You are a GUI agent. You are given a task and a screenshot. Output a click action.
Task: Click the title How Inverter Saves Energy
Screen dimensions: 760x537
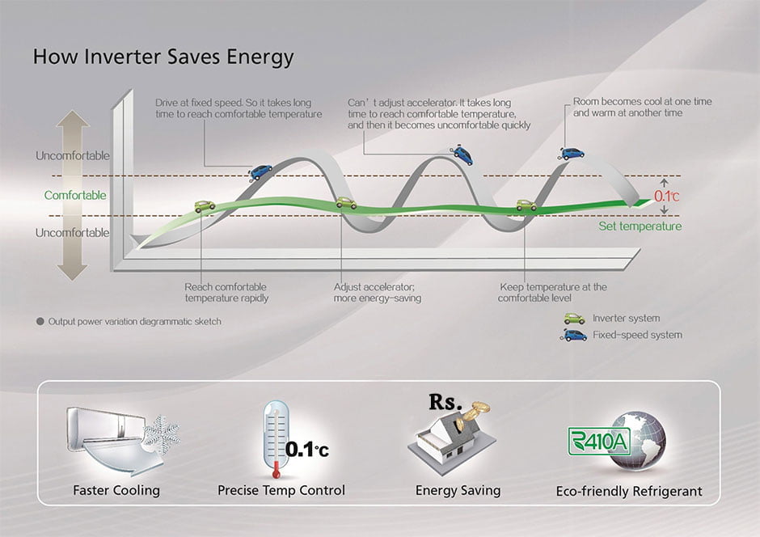[163, 57]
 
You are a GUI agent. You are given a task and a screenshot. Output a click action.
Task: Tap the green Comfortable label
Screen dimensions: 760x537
[75, 196]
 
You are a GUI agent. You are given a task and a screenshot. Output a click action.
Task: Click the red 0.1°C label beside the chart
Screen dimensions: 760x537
[666, 197]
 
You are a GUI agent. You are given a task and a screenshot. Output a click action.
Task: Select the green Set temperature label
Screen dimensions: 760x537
[640, 226]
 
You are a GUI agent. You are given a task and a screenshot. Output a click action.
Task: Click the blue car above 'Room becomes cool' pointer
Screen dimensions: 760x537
[572, 154]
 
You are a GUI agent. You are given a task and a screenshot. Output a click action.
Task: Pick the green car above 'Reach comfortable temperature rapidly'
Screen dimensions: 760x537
[205, 206]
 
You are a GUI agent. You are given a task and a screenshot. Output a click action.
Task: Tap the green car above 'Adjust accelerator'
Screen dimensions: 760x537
[346, 203]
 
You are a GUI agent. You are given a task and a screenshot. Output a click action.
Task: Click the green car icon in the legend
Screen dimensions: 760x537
[574, 319]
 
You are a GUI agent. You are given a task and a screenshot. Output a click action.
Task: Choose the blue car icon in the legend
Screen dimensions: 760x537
[573, 335]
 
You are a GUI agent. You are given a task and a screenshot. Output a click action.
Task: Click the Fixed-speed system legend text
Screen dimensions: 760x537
[637, 335]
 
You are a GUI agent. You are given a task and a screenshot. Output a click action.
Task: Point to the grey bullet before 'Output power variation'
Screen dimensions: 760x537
[40, 321]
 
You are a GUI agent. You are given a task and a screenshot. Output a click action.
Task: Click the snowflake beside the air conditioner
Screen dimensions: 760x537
[163, 431]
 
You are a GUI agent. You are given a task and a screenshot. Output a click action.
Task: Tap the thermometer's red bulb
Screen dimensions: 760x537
[277, 472]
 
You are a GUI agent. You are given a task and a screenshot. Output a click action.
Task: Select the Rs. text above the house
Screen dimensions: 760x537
[445, 402]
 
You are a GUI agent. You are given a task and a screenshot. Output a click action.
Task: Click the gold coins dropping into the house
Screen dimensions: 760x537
[473, 412]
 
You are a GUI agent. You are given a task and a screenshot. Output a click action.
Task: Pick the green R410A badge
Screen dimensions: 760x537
[599, 441]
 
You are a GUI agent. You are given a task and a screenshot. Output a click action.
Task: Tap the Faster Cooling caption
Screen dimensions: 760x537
[116, 490]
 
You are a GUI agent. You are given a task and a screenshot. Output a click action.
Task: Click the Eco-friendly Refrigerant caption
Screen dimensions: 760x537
[629, 492]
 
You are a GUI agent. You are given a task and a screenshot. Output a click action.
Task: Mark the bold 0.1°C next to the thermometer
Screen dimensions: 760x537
[306, 450]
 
